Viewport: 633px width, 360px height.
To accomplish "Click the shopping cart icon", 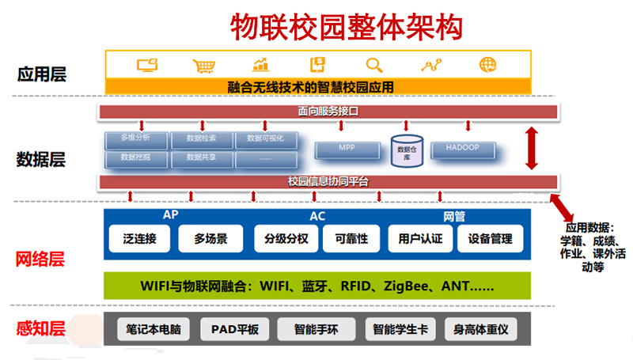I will pos(203,66).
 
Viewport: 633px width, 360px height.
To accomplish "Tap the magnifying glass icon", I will pos(373,66).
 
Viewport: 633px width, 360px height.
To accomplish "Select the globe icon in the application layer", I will pos(487,66).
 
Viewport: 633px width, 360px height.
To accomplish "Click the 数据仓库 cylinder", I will pos(407,150).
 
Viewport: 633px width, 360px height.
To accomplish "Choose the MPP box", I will pos(347,149).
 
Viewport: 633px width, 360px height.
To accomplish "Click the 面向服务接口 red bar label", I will pos(328,112).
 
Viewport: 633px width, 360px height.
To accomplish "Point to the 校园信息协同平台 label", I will pos(328,182).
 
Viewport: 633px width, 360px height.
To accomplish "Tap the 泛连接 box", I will pos(139,238).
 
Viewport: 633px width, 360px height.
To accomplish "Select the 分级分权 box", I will pos(286,238).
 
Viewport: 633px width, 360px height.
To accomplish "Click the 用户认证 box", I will pos(419,238).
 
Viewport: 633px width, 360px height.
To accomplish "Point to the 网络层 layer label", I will pos(40,259).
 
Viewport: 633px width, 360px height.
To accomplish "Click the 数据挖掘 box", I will pos(135,157).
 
